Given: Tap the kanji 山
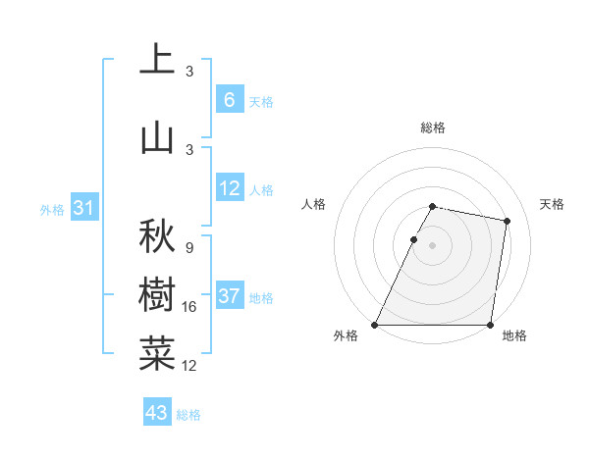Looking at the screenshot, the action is coord(158,136).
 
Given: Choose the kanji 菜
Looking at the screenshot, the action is coord(158,354).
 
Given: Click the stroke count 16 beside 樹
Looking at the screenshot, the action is coord(190,307).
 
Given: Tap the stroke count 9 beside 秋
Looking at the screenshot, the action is coord(188,248).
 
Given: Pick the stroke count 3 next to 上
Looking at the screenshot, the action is coord(188,72).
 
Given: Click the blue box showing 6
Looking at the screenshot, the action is coord(229,99).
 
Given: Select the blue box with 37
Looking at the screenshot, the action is coord(229,296).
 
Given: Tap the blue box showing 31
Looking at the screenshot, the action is coord(84,208).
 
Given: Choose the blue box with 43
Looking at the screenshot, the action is coord(156,413).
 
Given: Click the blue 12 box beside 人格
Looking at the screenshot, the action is coord(229,188).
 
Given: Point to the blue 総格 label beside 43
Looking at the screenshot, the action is coord(188,415).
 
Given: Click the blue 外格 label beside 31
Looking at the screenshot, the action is coord(51,210).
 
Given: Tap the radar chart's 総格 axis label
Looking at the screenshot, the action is coord(432,128).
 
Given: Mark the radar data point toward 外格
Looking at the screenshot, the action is coord(375,325).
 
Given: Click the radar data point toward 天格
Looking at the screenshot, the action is coord(507,221).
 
